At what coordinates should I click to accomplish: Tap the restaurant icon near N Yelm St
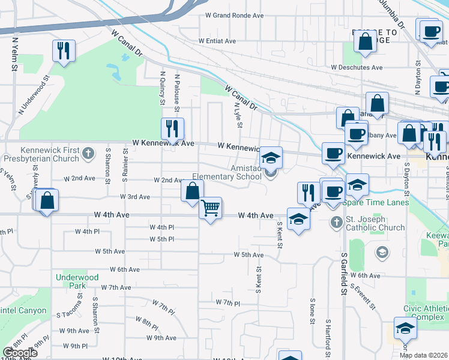64,50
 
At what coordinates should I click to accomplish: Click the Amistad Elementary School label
227,173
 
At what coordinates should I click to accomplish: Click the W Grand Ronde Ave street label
235,15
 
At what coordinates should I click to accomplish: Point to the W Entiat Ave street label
223,41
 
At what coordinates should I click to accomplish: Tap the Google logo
19,353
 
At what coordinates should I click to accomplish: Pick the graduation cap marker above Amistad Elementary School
271,158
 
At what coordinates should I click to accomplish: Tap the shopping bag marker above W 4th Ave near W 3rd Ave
192,191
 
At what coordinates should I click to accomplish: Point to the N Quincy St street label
162,88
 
